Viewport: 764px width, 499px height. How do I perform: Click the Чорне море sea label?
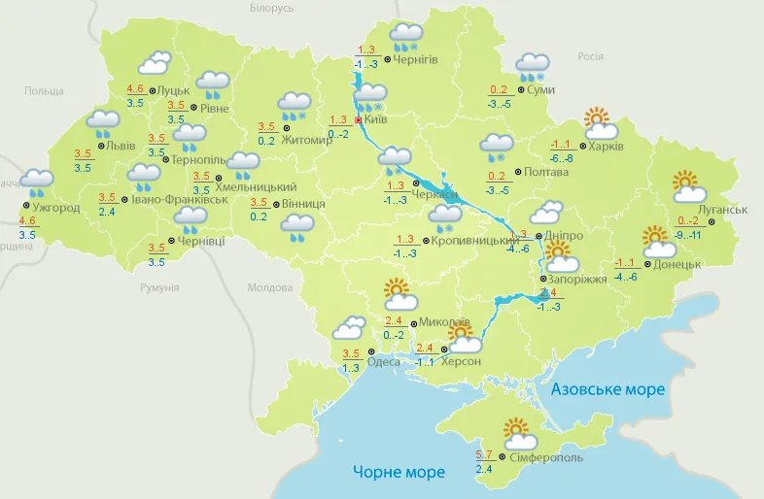399,472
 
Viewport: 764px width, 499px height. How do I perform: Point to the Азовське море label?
608,389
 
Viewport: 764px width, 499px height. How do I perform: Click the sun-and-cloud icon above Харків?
601,123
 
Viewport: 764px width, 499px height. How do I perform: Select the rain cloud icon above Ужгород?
38,182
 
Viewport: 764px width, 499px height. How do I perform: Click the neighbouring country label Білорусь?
271,8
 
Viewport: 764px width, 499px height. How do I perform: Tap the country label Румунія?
159,287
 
